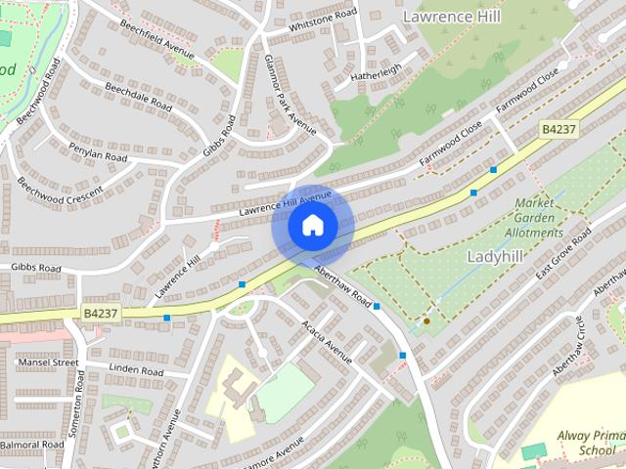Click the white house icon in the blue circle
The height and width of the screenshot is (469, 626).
[313, 225]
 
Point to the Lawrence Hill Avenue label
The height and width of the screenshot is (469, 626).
[286, 205]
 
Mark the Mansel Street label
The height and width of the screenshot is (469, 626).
[47, 362]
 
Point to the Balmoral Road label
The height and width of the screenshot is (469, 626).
[32, 445]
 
